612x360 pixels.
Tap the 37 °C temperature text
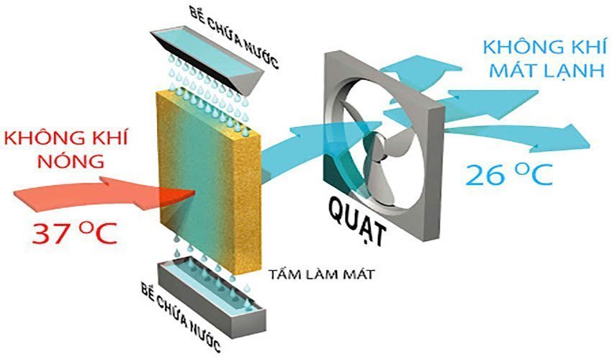click(75, 233)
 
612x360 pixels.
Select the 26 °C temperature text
click(509, 174)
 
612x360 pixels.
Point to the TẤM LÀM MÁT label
click(321, 274)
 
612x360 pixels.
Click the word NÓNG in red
click(71, 161)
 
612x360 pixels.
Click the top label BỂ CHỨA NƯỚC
click(234, 37)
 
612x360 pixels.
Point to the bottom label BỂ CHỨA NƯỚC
click(181, 317)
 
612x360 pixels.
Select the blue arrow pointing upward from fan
click(420, 68)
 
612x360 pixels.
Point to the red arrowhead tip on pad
click(195, 192)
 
